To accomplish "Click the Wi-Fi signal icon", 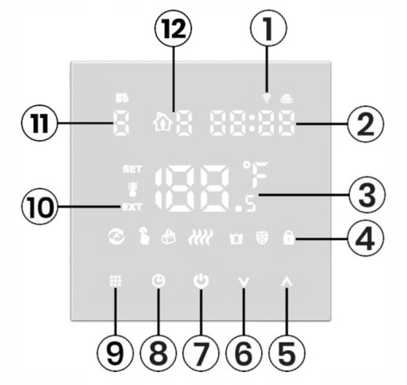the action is (267, 98).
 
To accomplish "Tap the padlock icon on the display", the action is (288, 238).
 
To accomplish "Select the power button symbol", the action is (201, 281).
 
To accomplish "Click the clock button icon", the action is (159, 281).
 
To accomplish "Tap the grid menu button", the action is (116, 281).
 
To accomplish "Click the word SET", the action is (132, 169).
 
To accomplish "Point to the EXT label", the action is (132, 208).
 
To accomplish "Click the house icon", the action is (163, 123).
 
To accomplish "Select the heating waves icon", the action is (201, 237).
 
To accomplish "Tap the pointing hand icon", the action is (144, 236).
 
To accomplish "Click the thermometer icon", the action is (133, 189).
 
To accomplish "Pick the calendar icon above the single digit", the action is (122, 98).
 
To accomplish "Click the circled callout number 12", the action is (173, 28).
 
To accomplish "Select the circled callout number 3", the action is (367, 195).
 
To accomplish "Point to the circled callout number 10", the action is (40, 207).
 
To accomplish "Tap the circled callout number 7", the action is (201, 353).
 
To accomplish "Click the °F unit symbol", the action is (256, 174).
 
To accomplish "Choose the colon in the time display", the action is (252, 123).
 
